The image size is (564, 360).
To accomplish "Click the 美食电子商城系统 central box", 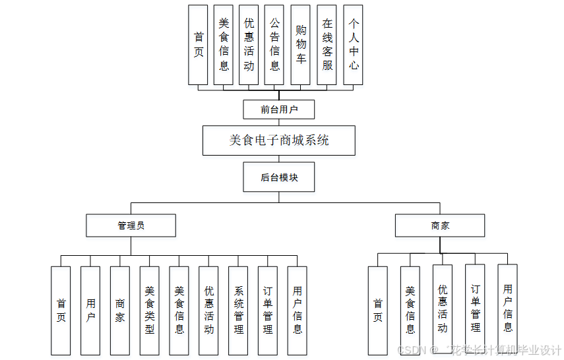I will tap(279, 140).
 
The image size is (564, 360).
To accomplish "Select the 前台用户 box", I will tap(279, 109).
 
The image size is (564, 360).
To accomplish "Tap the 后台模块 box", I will tap(279, 177).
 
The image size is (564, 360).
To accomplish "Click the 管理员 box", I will tap(131, 225).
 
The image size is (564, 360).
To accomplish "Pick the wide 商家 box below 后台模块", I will tap(440, 225).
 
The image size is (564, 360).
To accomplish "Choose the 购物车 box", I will tap(301, 45).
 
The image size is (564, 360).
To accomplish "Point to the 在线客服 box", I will tap(327, 45).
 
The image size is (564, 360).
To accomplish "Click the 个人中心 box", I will tap(354, 45).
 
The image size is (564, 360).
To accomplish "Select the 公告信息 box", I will tap(274, 45).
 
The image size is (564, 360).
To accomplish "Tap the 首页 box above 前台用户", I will tap(198, 45).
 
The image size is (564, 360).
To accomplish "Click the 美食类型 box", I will tap(150, 311).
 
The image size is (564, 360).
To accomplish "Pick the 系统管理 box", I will tap(239, 311).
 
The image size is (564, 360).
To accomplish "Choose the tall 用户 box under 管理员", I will tap(90, 311).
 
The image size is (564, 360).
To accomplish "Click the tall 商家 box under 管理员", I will tap(120, 311).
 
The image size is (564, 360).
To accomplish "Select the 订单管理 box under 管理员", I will tap(268, 311).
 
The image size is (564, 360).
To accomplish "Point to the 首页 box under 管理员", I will tap(61, 311).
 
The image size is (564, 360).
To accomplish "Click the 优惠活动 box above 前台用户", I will tap(249, 45).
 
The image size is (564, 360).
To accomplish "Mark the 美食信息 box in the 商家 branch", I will tap(410, 311).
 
